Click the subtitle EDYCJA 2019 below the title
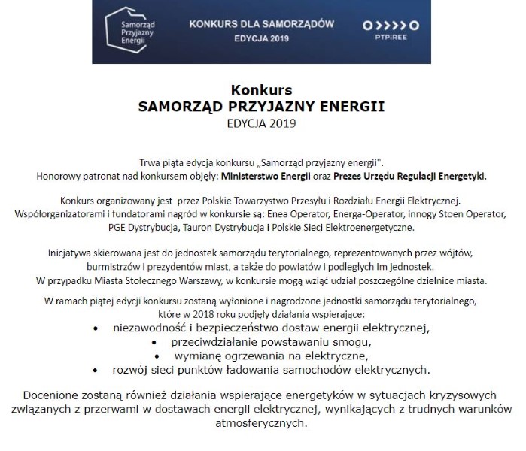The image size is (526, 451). click(262, 122)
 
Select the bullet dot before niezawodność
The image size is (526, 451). click(95, 328)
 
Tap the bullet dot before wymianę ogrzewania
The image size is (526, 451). click(157, 356)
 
